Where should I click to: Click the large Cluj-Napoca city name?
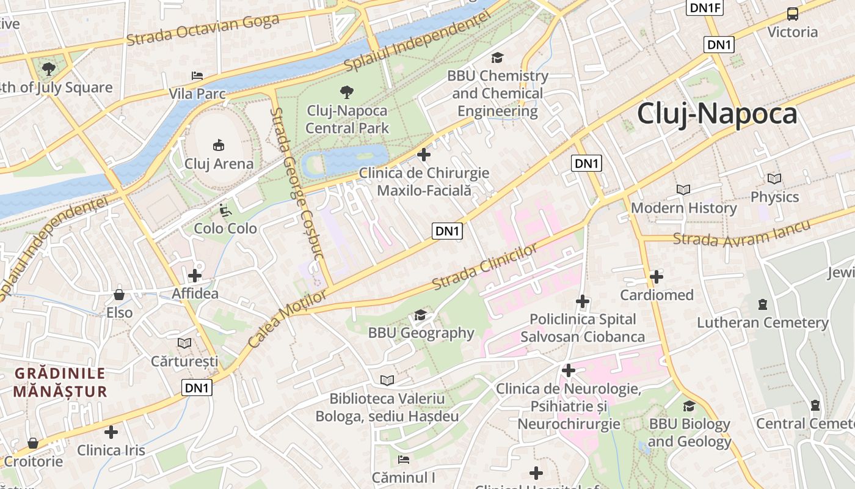[717, 114]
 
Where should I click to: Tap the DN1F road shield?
[705, 7]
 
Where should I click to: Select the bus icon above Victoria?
[792, 14]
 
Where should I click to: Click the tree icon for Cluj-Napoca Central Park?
[347, 92]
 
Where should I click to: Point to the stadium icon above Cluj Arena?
[218, 145]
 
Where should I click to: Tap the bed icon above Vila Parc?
[197, 76]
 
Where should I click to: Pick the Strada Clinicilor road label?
[485, 267]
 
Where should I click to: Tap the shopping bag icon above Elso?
[119, 295]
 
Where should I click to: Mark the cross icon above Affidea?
[195, 276]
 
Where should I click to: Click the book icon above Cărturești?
[184, 343]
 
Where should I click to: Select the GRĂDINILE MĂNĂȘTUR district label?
[60, 382]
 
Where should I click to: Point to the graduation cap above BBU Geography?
[420, 315]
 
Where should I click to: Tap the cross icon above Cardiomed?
[657, 277]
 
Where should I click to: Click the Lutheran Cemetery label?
[763, 322]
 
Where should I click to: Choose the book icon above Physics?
[774, 179]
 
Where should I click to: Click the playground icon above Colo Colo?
[225, 210]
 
